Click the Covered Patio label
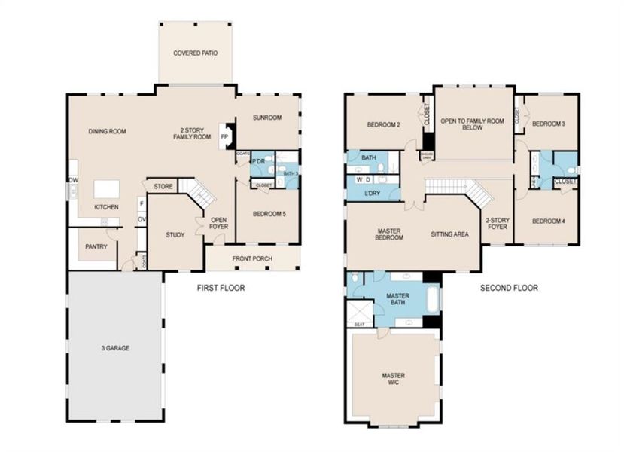pyautogui.click(x=196, y=53)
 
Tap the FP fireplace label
pyautogui.click(x=224, y=136)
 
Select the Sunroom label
pyautogui.click(x=267, y=118)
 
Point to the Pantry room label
pyautogui.click(x=96, y=246)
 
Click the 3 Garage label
pyautogui.click(x=115, y=347)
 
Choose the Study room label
pyautogui.click(x=175, y=235)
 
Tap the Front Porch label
pyautogui.click(x=252, y=260)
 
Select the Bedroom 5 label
pyautogui.click(x=269, y=214)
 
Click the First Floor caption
pyautogui.click(x=221, y=288)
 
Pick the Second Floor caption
pyautogui.click(x=509, y=288)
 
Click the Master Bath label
pyautogui.click(x=397, y=299)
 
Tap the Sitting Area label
pyautogui.click(x=449, y=234)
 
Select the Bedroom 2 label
pyautogui.click(x=383, y=124)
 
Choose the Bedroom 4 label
pyautogui.click(x=548, y=221)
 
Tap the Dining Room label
pyautogui.click(x=107, y=131)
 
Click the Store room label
pyautogui.click(x=163, y=186)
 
